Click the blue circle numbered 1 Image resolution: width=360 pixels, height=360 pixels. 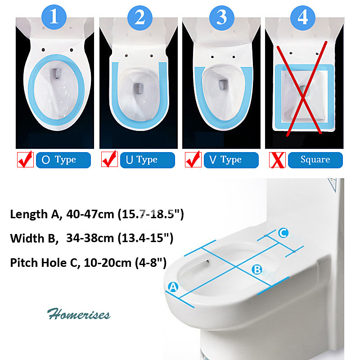tap(54, 17)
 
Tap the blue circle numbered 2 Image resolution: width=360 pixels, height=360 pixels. tap(140, 18)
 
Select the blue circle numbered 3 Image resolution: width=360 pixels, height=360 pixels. tap(222, 18)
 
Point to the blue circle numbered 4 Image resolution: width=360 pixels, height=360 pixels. tap(303, 18)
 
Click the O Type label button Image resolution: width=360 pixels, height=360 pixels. tap(63, 160)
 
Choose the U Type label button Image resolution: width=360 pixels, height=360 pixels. tap(148, 160)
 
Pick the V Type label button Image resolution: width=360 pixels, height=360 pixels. tap(231, 160)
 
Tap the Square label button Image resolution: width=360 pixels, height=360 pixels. tap(315, 160)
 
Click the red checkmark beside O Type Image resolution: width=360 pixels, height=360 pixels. tap(25, 159)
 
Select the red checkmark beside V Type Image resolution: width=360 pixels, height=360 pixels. tap(193, 159)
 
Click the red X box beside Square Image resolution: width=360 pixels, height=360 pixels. tap(277, 160)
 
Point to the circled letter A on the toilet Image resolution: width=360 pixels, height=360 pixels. tap(173, 287)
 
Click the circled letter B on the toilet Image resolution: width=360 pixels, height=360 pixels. tap(256, 270)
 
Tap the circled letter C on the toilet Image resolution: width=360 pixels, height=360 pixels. tap(283, 233)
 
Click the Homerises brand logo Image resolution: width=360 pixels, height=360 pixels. tap(79, 314)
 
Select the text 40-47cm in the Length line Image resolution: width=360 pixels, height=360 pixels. tap(90, 214)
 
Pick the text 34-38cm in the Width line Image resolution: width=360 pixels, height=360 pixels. tap(90, 238)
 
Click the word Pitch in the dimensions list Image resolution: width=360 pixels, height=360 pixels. tap(24, 262)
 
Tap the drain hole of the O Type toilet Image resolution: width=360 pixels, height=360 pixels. tap(56, 73)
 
